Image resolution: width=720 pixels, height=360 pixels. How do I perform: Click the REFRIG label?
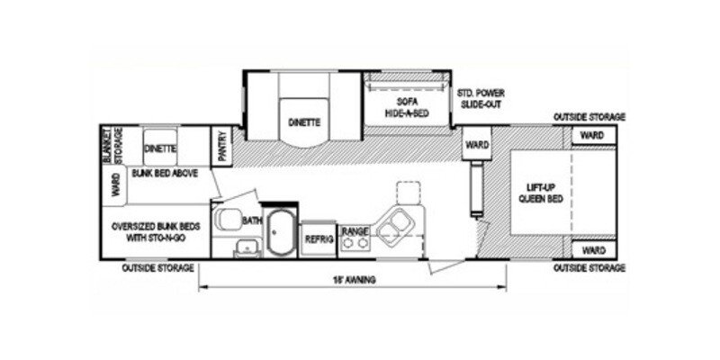tap(318, 239)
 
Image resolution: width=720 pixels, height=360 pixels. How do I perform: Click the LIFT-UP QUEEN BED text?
tap(544, 193)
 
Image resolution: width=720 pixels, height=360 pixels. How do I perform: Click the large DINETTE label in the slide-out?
tap(304, 121)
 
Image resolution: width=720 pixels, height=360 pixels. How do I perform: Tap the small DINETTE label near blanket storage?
tap(159, 147)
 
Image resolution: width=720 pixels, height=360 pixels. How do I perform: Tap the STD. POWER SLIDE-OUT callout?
tap(477, 98)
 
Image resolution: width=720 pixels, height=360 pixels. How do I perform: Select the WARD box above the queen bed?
tap(591, 135)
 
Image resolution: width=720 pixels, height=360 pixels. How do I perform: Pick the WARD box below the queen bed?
tap(591, 249)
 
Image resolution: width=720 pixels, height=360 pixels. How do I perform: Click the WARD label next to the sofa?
tap(474, 144)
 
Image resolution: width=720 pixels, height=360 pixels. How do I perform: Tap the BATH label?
tap(251, 219)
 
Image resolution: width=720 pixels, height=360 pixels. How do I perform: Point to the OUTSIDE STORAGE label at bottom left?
tap(159, 268)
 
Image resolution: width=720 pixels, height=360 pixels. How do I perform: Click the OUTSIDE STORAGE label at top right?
tap(589, 117)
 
